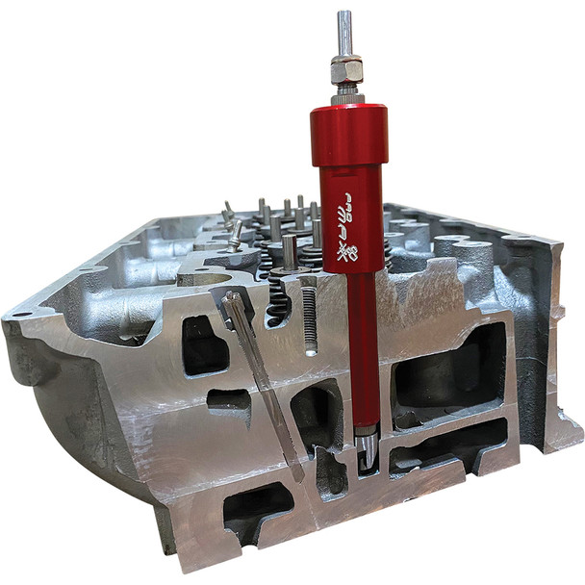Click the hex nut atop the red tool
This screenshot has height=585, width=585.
[347, 69]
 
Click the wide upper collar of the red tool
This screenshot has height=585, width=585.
[348, 134]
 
